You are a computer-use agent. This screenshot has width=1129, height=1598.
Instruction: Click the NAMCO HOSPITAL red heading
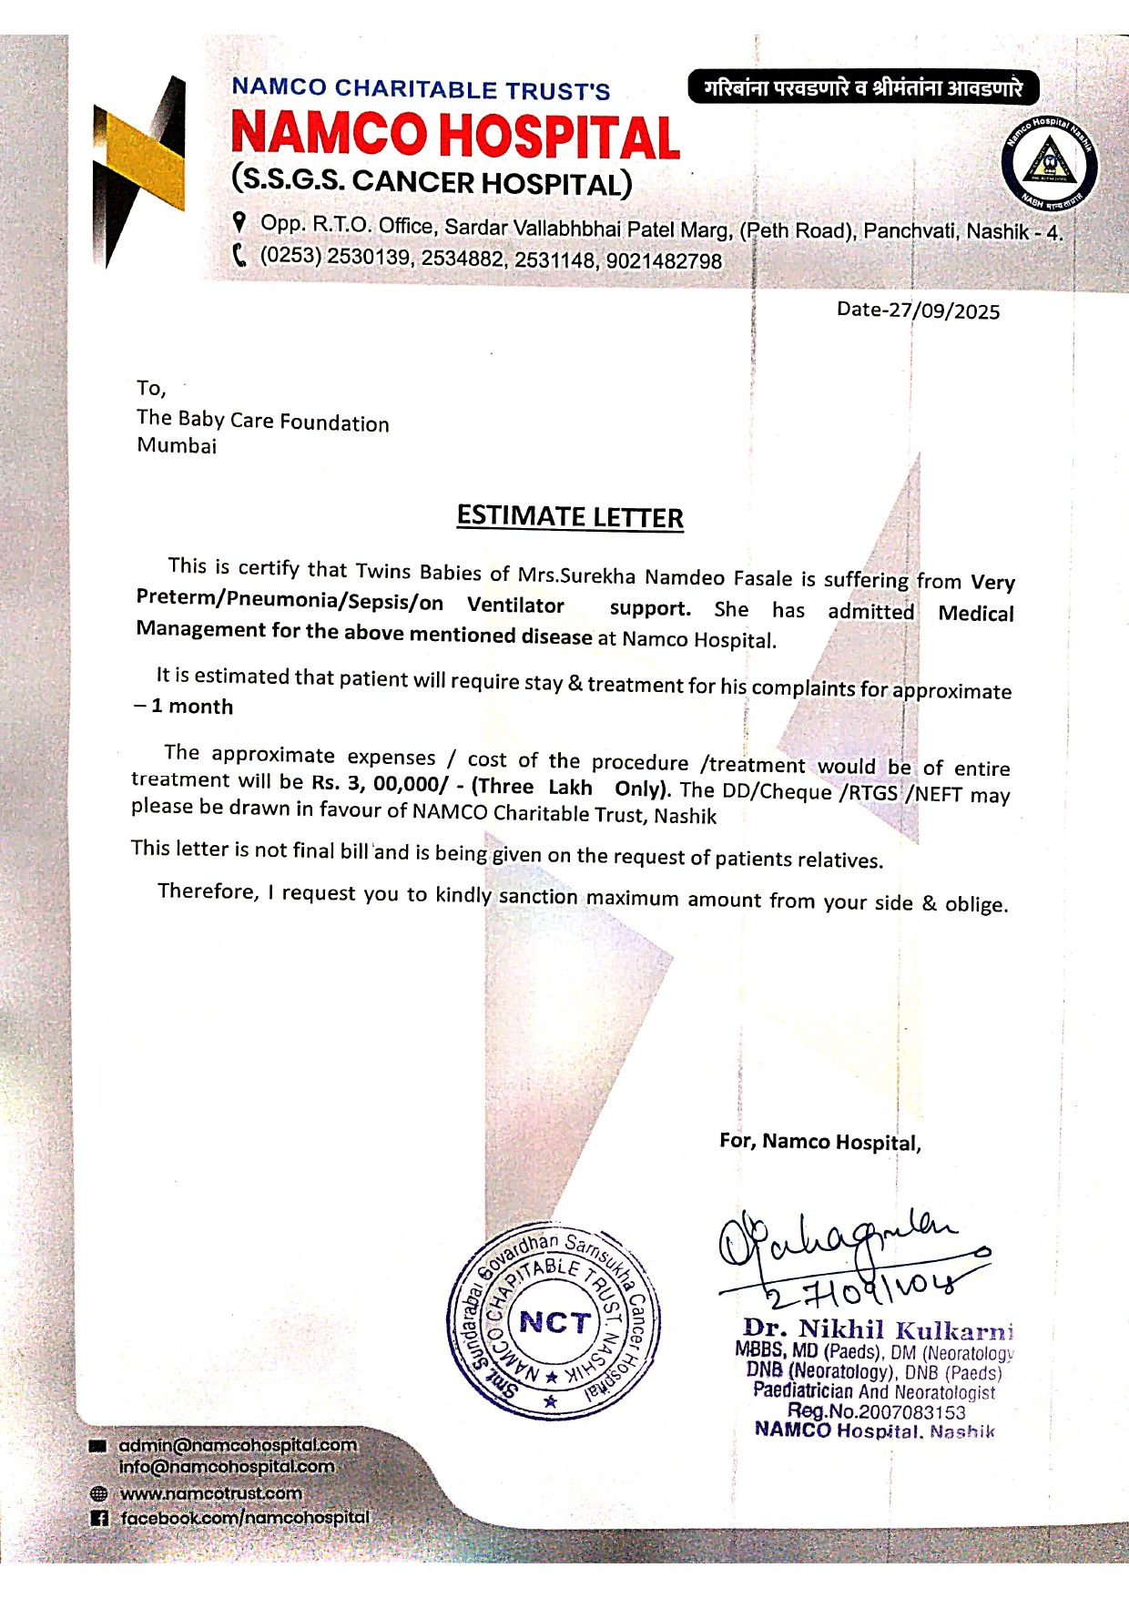(455, 135)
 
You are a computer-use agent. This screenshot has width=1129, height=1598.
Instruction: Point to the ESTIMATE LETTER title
(570, 517)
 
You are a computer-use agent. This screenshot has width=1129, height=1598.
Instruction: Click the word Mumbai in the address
(177, 446)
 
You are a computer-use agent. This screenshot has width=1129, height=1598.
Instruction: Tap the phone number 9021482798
(664, 261)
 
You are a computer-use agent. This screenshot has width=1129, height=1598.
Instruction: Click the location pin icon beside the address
(239, 221)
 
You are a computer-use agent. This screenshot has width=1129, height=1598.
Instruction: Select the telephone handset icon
(239, 255)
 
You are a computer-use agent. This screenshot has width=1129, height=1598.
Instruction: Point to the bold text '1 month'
(192, 707)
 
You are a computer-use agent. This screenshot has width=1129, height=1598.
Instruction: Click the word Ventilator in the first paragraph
(515, 606)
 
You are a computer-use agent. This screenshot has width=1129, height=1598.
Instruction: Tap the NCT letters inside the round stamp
(554, 1321)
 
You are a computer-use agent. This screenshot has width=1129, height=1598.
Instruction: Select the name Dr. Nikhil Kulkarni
(878, 1329)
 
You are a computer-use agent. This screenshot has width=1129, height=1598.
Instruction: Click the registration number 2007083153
(911, 1412)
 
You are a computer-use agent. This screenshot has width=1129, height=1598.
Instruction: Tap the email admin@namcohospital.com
(238, 1445)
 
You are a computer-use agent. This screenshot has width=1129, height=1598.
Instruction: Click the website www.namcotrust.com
(210, 1493)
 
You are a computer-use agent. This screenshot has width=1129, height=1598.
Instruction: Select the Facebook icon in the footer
(99, 1518)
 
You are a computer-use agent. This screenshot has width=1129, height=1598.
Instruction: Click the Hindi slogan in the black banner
(862, 88)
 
